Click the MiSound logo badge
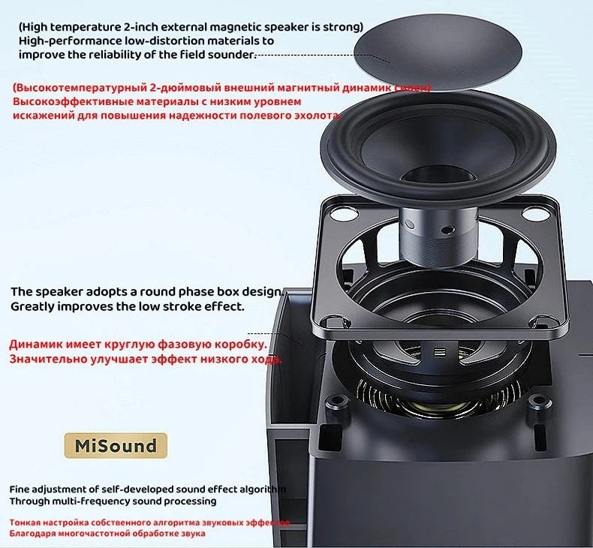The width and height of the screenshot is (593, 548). tap(116, 446)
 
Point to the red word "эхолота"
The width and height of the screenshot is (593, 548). tap(316, 116)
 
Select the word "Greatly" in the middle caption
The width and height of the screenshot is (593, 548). tap(32, 306)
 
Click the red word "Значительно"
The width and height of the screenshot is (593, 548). tap(47, 360)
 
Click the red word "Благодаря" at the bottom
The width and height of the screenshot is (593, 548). tap(31, 533)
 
